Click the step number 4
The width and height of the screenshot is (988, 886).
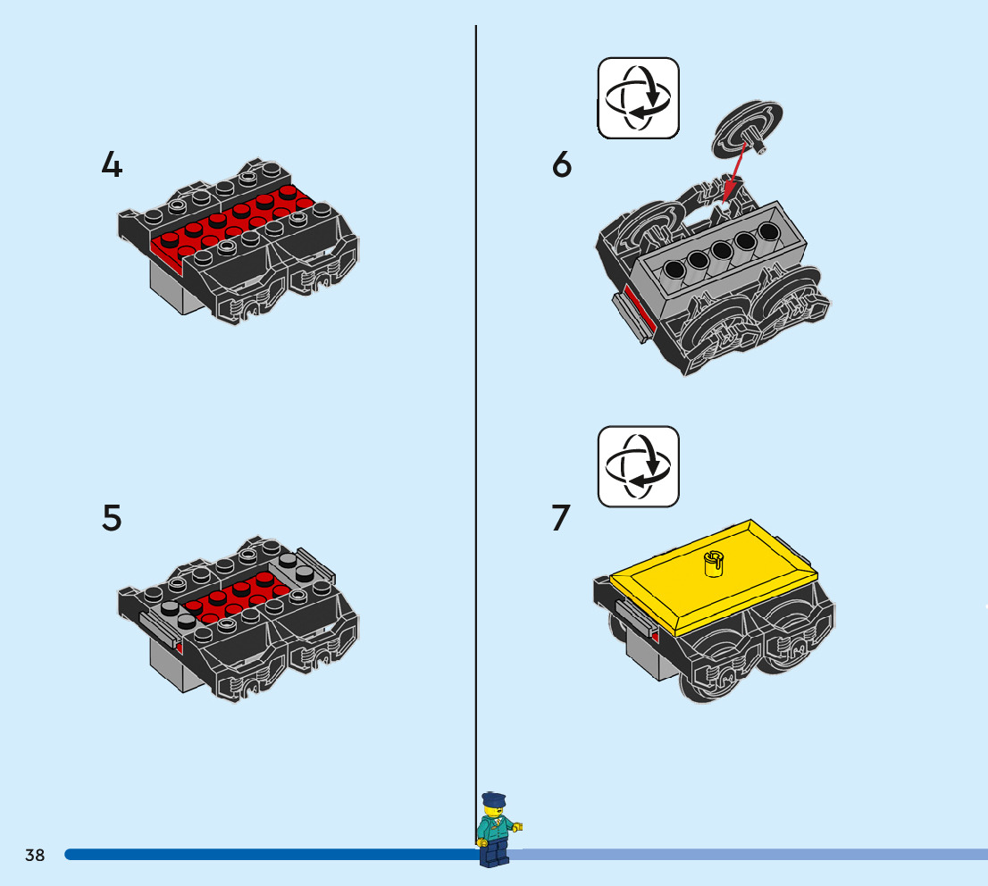point(112,165)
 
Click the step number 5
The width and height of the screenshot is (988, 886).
point(112,518)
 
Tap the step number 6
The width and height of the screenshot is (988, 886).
point(561,164)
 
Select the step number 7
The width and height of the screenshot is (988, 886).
point(561,518)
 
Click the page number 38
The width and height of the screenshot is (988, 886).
point(35,855)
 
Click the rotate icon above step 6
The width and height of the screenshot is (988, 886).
point(639,98)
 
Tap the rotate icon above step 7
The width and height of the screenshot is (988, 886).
point(639,466)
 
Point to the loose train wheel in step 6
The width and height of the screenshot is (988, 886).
point(748,130)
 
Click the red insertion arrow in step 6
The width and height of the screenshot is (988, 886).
point(734,171)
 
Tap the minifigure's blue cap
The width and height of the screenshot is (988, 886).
point(494,799)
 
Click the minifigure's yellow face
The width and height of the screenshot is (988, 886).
point(494,812)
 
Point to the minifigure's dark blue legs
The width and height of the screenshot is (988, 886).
point(494,852)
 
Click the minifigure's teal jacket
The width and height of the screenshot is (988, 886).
point(495,829)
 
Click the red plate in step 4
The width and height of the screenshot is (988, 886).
point(233,224)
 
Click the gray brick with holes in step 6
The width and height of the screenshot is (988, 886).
point(718,252)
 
